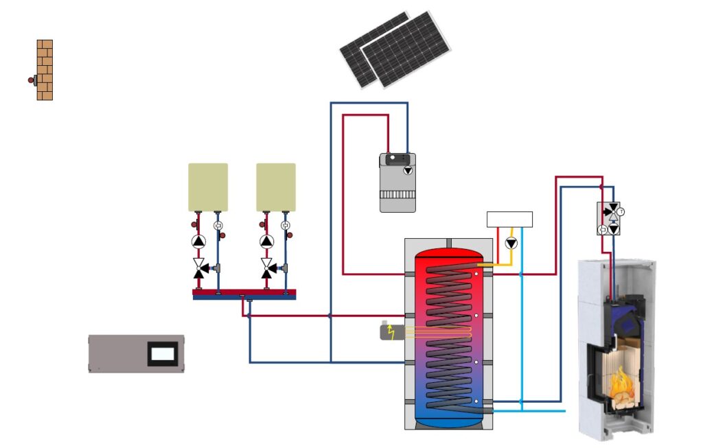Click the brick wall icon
(45, 70)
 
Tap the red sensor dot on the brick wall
(31, 80)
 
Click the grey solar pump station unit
(397, 182)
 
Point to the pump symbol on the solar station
(408, 169)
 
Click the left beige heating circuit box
(208, 187)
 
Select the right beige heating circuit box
(276, 187)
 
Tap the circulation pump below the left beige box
(198, 241)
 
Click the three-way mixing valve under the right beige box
(266, 267)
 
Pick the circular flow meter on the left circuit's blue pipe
(218, 225)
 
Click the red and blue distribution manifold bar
(244, 294)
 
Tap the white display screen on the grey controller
(163, 354)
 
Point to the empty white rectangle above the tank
(509, 219)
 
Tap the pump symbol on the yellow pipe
(511, 244)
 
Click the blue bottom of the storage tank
(448, 414)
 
